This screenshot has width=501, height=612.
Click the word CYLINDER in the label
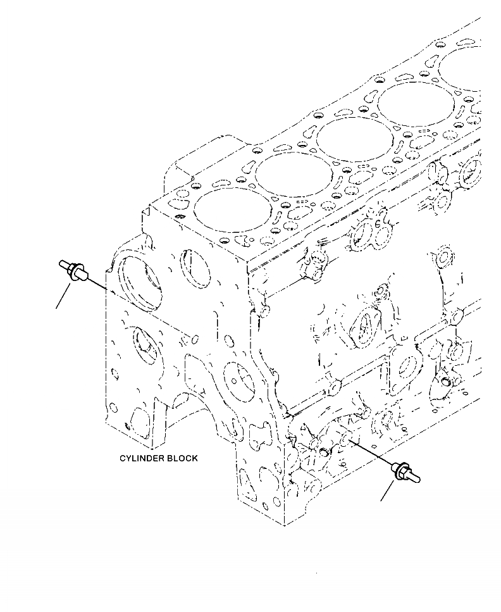[142, 458]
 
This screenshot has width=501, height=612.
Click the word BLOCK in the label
[182, 458]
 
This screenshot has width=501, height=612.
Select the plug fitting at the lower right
[404, 472]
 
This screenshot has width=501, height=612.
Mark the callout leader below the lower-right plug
[387, 492]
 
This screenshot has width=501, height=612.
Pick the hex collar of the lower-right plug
[398, 469]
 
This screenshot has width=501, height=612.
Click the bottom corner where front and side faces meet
[283, 523]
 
